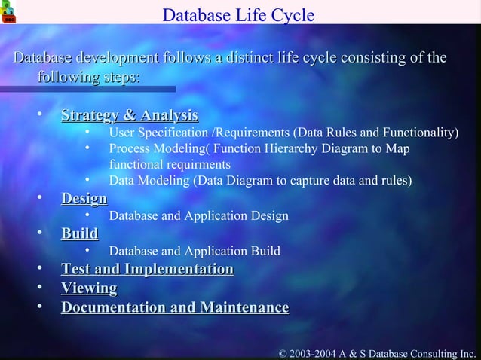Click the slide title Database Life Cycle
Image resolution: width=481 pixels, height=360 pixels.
coord(238,15)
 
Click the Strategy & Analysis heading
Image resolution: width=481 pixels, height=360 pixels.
coord(129,115)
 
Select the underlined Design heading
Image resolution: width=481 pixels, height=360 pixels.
coord(84,198)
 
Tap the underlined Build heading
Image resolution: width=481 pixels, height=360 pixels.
coord(79,233)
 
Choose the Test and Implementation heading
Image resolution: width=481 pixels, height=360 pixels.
coord(147,269)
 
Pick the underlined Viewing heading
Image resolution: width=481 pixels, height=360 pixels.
coord(89,288)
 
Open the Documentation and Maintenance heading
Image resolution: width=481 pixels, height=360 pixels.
coord(174,307)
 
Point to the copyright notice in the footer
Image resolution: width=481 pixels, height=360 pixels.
coord(378,352)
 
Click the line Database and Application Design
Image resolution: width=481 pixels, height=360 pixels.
coord(198,216)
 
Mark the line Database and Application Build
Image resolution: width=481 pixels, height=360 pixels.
coord(195,251)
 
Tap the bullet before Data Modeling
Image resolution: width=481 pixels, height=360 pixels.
coord(88,180)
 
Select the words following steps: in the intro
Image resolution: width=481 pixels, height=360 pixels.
coord(88,78)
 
